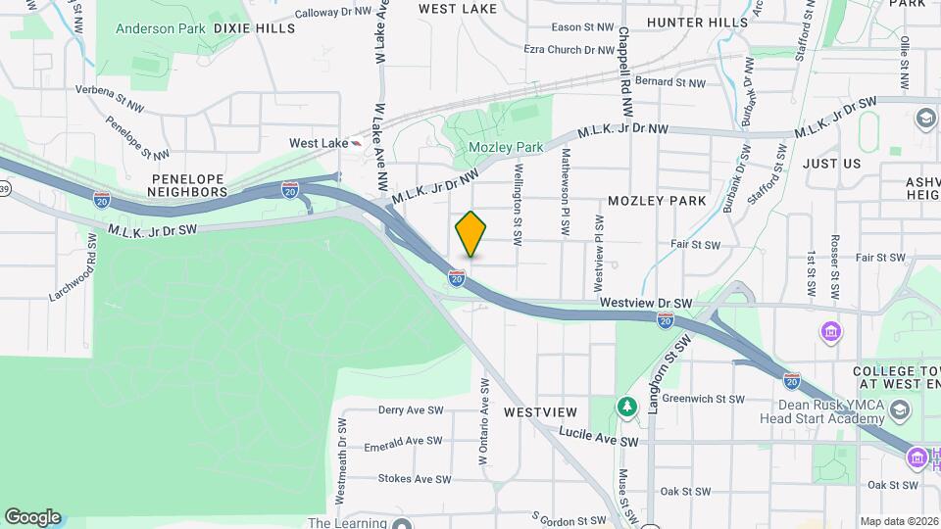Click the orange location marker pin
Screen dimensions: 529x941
(x=470, y=234)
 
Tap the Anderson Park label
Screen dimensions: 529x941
(x=160, y=28)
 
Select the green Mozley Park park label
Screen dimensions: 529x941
(x=505, y=147)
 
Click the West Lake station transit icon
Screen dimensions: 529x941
(x=357, y=143)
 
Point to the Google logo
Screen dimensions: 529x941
(x=31, y=516)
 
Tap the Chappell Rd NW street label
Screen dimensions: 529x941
(x=623, y=59)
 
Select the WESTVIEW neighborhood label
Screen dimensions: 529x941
(x=540, y=412)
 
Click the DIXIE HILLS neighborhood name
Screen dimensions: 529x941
(x=254, y=28)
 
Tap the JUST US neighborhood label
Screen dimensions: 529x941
(x=831, y=164)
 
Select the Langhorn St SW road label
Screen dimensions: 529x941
(x=669, y=372)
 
